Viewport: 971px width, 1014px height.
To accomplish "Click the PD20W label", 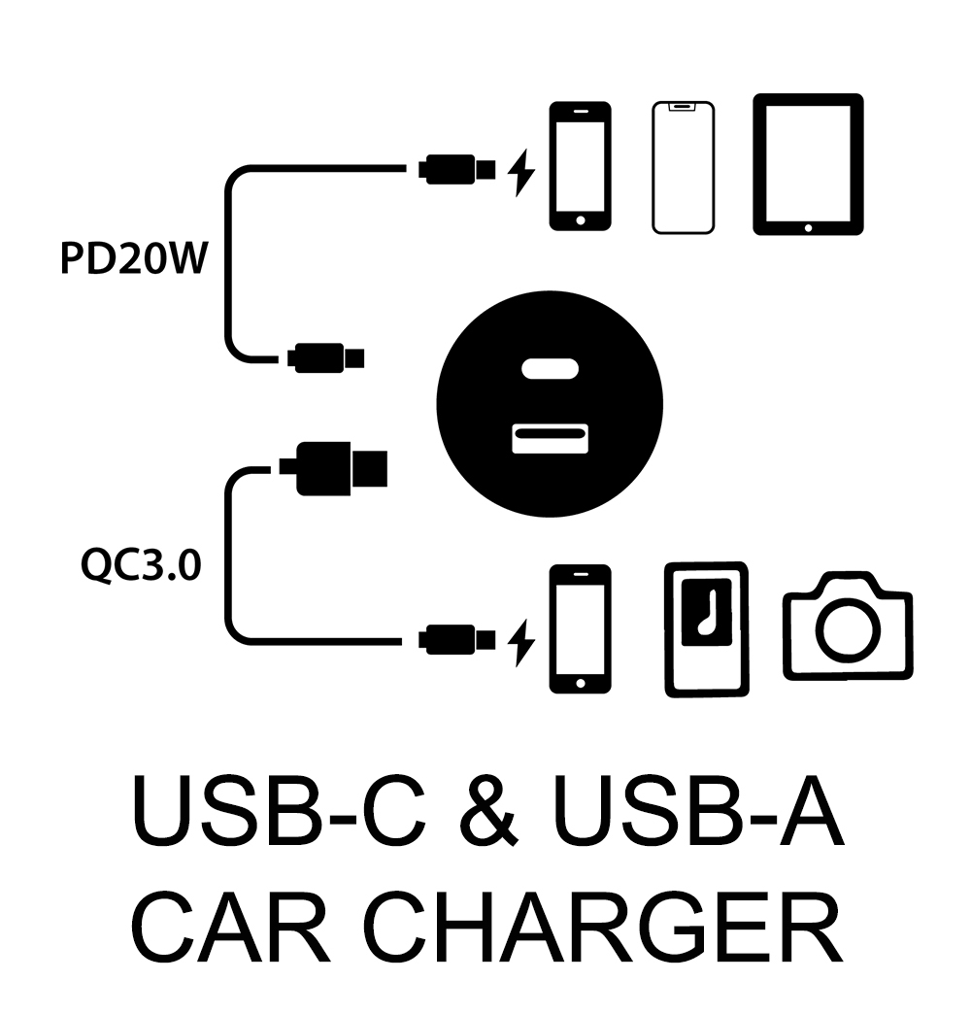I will [x=134, y=260].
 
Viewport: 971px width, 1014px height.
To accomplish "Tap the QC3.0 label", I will [x=142, y=565].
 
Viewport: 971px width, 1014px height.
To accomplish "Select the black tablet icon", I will [x=808, y=164].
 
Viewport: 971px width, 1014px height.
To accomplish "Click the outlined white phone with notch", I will [x=683, y=167].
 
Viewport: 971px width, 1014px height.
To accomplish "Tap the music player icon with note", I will [x=706, y=628].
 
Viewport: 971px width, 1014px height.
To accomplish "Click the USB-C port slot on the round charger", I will [x=551, y=369].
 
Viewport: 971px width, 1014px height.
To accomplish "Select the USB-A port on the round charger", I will [x=551, y=436].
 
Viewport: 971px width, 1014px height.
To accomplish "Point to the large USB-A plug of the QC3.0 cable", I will [x=334, y=468].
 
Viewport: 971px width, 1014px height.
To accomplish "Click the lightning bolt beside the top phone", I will [x=522, y=172].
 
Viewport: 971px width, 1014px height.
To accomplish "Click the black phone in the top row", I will [x=580, y=166].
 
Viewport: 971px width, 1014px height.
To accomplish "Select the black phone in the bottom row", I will [x=580, y=628].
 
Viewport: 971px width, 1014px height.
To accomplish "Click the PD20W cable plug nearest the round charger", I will [x=325, y=357].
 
